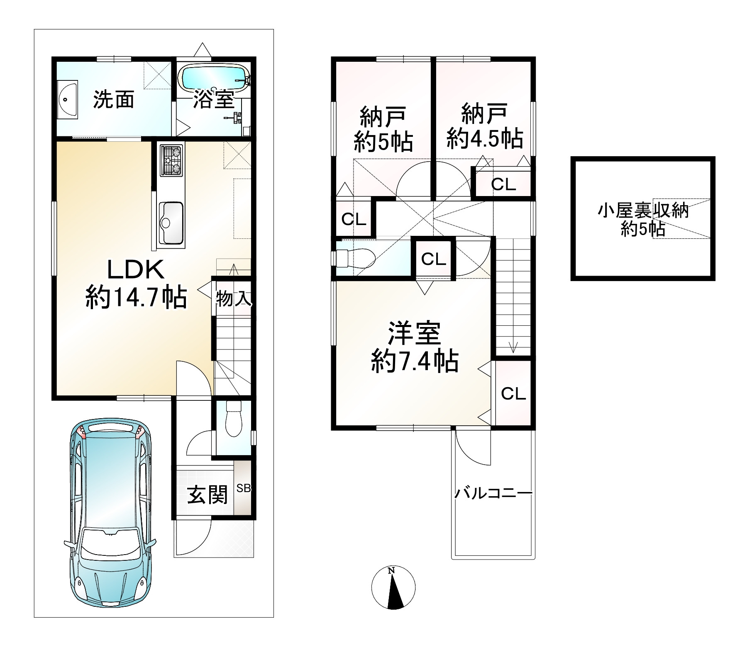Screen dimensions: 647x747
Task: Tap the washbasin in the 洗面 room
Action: pos(67,100)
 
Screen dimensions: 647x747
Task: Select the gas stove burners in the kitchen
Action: pos(172,161)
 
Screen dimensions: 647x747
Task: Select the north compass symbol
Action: pos(393,587)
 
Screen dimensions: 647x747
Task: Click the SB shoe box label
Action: pos(244,488)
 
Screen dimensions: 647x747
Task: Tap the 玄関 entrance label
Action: pos(207,495)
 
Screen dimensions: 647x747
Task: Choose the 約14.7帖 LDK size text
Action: pos(136,297)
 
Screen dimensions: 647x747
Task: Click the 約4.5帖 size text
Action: pos(484,139)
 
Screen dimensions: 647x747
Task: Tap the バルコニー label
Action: pos(493,494)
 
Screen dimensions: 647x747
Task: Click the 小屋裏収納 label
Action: pos(642,211)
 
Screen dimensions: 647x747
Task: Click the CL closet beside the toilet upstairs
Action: pos(433,259)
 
